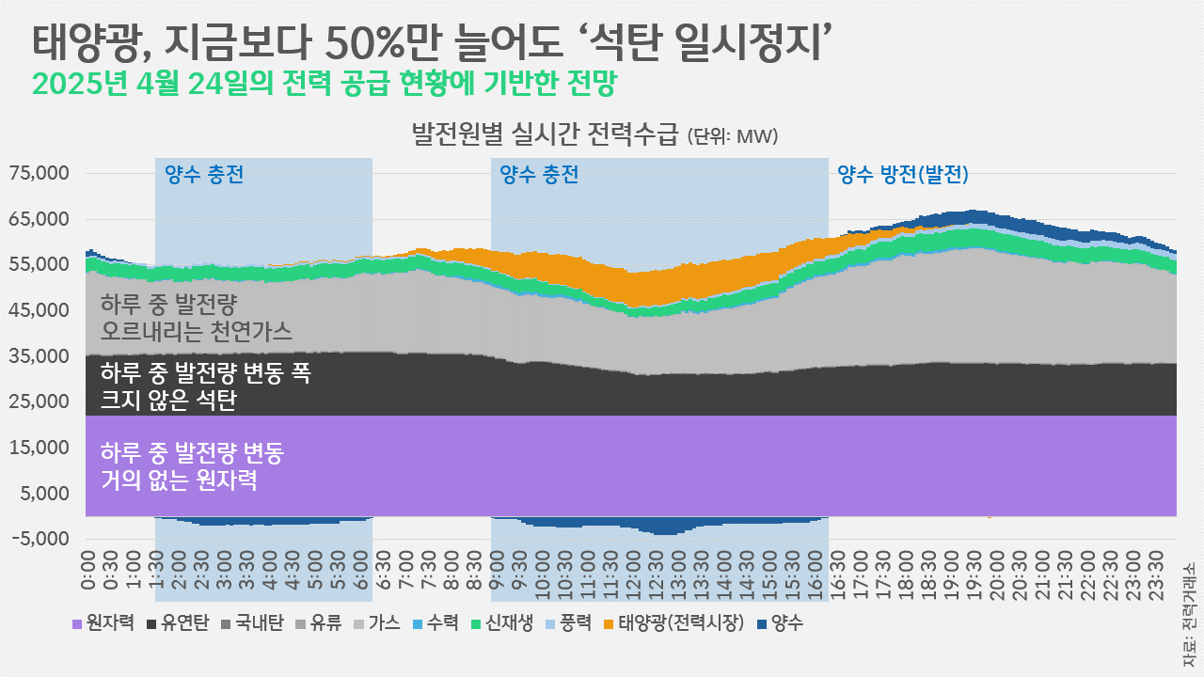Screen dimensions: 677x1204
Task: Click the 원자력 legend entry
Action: click(x=103, y=622)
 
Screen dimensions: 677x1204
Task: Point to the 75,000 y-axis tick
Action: click(x=40, y=174)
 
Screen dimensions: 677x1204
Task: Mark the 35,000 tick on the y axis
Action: click(x=40, y=356)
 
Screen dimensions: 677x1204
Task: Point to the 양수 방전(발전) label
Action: click(x=902, y=174)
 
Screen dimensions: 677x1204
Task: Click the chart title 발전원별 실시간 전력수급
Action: click(x=545, y=134)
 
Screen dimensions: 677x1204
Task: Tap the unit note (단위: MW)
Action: click(x=733, y=137)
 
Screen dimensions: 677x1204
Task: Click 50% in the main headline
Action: click(x=361, y=40)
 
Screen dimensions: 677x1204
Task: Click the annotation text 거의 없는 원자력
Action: click(x=178, y=481)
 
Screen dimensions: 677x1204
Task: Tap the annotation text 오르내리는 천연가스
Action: click(x=197, y=331)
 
